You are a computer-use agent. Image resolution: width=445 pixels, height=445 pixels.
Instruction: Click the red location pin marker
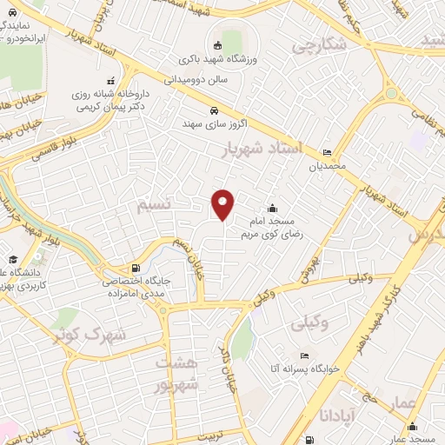click(x=223, y=205)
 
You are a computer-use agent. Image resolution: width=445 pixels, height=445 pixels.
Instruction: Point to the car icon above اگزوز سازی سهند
click(x=214, y=110)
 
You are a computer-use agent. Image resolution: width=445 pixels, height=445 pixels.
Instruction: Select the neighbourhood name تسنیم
click(x=163, y=205)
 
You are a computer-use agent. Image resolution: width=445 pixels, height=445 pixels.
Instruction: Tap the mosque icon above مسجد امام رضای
click(x=273, y=209)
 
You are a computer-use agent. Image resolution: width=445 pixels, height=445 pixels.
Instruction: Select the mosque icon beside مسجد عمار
click(x=411, y=427)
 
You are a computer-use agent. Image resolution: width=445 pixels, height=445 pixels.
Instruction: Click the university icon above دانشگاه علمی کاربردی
click(x=13, y=259)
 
